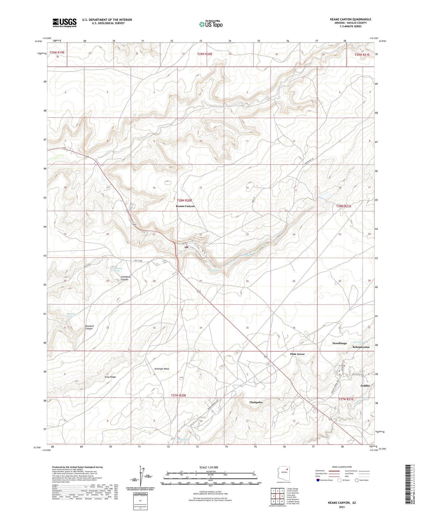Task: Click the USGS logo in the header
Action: click(65, 23)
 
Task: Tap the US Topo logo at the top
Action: click(211, 24)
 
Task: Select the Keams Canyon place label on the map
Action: click(185, 206)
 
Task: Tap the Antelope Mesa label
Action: click(162, 368)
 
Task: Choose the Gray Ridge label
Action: click(110, 377)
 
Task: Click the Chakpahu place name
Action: click(256, 402)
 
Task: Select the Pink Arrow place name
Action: click(298, 354)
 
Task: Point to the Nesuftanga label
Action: click(339, 343)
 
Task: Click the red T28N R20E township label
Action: click(184, 200)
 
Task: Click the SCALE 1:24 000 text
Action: click(210, 467)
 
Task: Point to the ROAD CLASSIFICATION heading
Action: click(342, 467)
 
